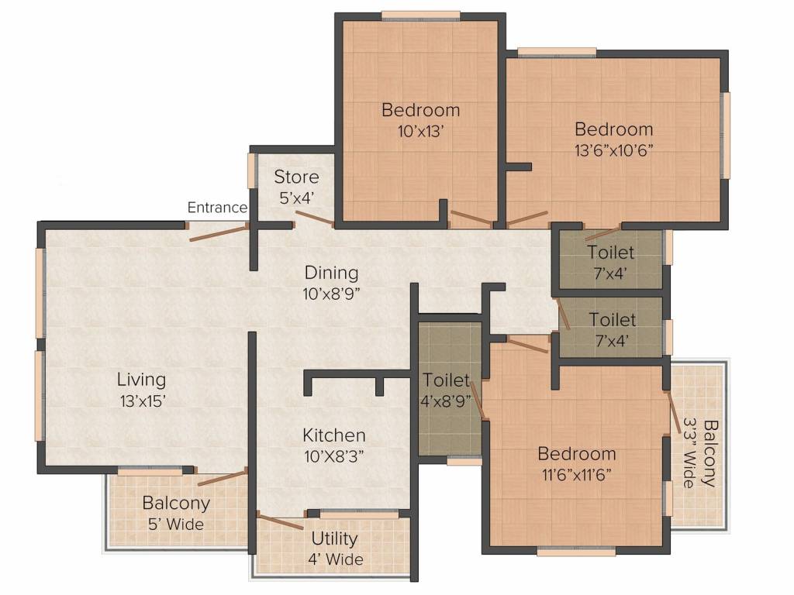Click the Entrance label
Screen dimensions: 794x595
pos(217,208)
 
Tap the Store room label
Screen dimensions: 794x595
pos(296,177)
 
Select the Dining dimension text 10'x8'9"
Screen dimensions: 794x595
pos(331,294)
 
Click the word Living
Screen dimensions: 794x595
pos(141,380)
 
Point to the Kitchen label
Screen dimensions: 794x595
pos(333,435)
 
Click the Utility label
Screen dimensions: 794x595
pos(334,539)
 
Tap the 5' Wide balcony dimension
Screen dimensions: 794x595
pos(176,524)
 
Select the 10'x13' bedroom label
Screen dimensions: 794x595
pos(421,132)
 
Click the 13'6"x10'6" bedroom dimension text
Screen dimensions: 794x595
pos(613,150)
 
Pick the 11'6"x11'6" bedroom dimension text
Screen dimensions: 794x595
pos(576,475)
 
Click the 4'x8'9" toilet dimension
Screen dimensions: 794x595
pos(446,401)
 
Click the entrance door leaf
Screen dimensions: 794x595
pos(219,232)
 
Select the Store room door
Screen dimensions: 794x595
pos(315,219)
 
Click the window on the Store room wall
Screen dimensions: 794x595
pos(251,171)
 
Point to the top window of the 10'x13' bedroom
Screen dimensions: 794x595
pos(421,16)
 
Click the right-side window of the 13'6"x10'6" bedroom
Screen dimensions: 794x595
pos(726,135)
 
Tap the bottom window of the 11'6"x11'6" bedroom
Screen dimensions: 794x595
pos(576,552)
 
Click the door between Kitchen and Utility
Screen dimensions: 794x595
pos(280,521)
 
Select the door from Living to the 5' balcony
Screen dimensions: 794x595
pos(223,477)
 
